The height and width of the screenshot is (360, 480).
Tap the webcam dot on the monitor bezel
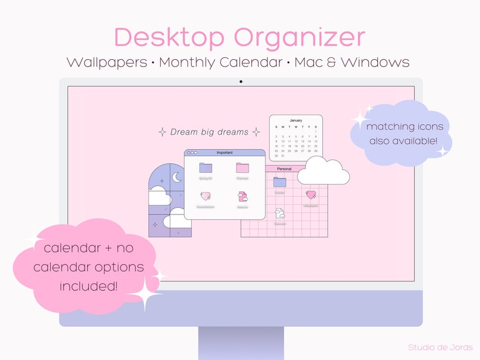pos(241,81)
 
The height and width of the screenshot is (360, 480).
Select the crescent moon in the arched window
pos(177,177)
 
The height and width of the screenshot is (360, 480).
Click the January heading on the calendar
pos(296,120)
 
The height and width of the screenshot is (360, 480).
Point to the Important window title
pos(224,153)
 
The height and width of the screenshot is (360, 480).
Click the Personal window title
pos(284,169)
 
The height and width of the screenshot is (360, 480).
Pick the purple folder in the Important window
pos(206,168)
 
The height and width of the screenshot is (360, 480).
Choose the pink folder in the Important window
pos(242,168)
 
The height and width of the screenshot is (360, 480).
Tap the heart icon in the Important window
pos(206,196)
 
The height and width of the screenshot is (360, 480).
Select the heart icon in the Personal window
pos(311,195)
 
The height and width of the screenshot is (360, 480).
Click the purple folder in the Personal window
pos(279,182)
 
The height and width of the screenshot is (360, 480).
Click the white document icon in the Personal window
pos(279,213)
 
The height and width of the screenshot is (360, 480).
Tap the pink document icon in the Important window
pos(242,196)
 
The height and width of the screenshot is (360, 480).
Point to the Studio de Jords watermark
pos(439,347)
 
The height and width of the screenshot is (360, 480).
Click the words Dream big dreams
pos(209,132)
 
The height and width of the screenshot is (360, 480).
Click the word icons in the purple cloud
pos(430,127)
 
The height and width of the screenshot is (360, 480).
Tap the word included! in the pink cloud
pos(88,286)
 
